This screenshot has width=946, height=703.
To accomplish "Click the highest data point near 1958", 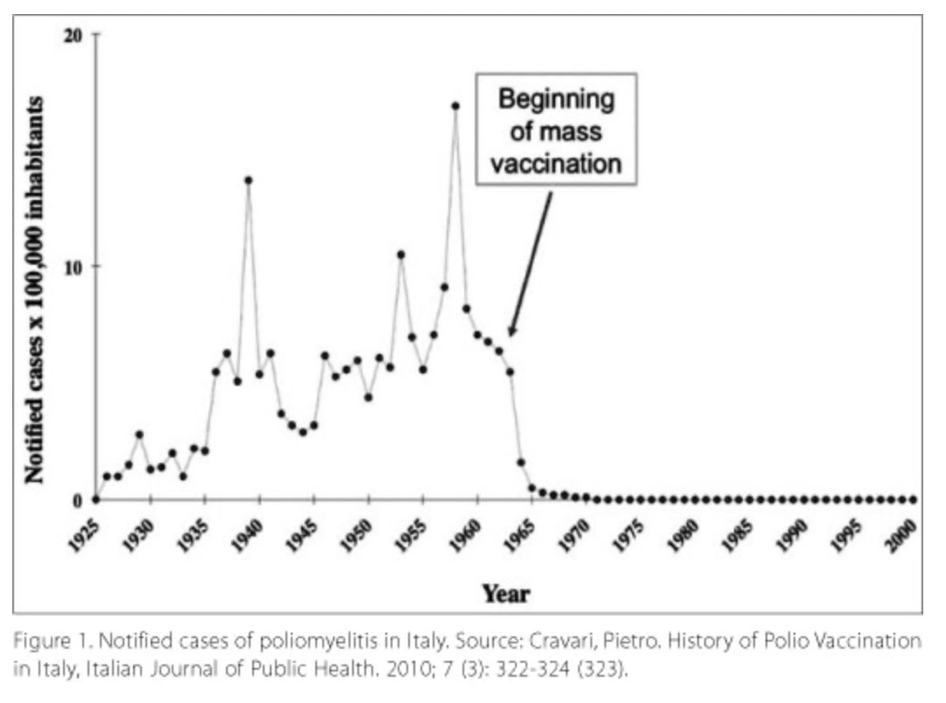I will [x=455, y=106].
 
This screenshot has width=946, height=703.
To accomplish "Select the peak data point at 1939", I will [x=249, y=181].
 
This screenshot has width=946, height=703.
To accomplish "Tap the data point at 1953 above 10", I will [x=400, y=255].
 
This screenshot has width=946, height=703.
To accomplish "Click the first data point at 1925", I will [x=96, y=500].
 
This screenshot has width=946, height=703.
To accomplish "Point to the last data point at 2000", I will [x=913, y=500].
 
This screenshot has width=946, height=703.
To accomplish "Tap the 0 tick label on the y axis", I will [x=78, y=500].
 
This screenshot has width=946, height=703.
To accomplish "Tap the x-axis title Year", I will [x=505, y=594].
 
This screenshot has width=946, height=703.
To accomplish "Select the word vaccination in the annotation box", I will [x=555, y=164].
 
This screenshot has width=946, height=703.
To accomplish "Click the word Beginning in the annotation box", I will [x=556, y=99].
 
